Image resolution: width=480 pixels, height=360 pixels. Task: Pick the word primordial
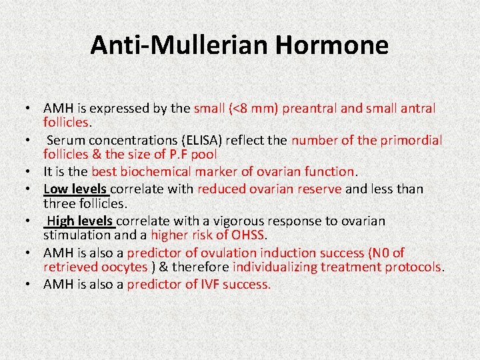click(x=409, y=141)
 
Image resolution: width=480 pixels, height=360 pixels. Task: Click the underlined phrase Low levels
click(x=75, y=189)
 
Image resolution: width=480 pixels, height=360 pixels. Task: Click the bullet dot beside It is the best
click(x=29, y=173)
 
